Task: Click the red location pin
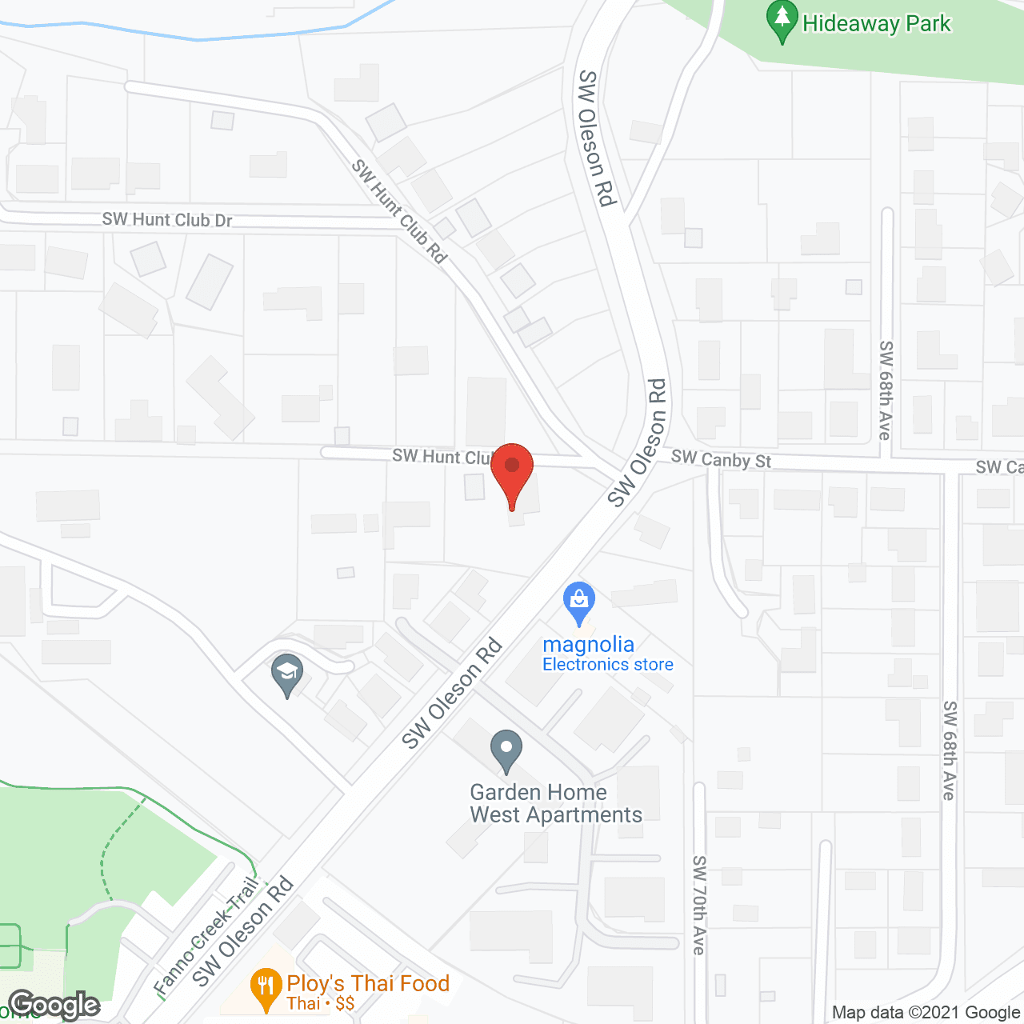(512, 471)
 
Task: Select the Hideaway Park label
(876, 24)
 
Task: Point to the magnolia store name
(588, 644)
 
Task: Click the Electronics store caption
(607, 664)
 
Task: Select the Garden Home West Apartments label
(555, 803)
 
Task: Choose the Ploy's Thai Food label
(368, 983)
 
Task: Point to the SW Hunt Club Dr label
(166, 219)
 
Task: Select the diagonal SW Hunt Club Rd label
(399, 211)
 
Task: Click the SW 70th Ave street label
(699, 905)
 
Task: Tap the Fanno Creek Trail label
(206, 936)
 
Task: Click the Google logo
(54, 1006)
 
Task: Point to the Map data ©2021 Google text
(926, 1013)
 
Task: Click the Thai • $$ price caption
(321, 1004)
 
